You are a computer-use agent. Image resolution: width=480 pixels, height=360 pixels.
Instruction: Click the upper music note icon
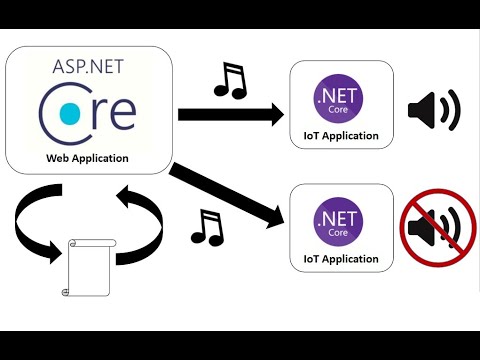(229, 80)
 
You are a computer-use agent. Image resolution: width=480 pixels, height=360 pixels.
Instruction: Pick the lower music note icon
(206, 228)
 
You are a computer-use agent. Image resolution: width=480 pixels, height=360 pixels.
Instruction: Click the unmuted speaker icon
(433, 109)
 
